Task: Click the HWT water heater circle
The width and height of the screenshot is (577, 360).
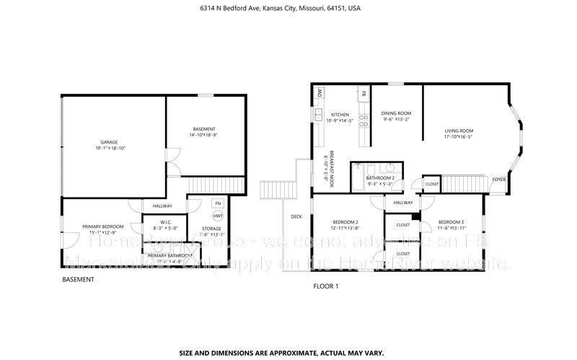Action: [x=217, y=216]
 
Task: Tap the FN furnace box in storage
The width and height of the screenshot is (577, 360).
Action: [x=217, y=203]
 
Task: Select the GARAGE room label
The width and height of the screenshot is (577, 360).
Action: [x=109, y=142]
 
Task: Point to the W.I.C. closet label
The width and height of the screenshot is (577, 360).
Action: [x=164, y=222]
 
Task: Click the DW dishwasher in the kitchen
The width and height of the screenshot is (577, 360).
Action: [x=318, y=93]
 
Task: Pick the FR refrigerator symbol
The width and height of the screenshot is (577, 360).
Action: [x=364, y=94]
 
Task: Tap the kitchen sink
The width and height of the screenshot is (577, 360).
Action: [x=318, y=113]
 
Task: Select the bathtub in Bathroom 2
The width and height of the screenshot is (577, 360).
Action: [x=356, y=177]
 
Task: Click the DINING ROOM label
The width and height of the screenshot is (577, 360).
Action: [x=396, y=113]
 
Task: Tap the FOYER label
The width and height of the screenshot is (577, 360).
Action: [x=498, y=179]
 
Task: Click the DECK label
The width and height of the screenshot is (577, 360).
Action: [x=296, y=216]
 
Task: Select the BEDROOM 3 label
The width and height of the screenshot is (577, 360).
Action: [x=451, y=221]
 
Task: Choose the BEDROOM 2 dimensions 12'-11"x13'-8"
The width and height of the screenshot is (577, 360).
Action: [x=345, y=228]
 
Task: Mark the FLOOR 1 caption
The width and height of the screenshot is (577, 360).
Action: [x=325, y=286]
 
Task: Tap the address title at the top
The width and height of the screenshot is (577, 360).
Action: [x=280, y=9]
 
